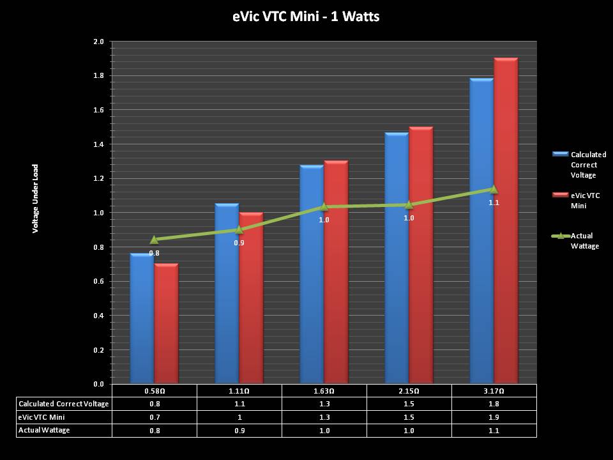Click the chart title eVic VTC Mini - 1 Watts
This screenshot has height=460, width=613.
(x=306, y=17)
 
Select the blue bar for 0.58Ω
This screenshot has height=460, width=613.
(x=142, y=319)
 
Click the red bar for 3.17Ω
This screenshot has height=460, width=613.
(x=506, y=224)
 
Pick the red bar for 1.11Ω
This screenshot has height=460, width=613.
(x=251, y=300)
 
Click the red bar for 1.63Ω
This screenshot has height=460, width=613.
(x=336, y=275)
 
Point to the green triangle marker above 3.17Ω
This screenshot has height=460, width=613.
(x=494, y=188)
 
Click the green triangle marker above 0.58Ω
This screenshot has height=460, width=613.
(x=154, y=240)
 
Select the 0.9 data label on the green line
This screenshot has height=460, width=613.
(x=239, y=243)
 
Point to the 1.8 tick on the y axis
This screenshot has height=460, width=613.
(x=98, y=76)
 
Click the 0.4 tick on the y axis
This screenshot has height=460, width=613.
(x=98, y=316)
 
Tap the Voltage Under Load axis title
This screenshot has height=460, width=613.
(x=36, y=198)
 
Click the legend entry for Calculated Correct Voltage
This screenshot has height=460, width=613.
(x=587, y=164)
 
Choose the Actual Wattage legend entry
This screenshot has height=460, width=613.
(x=584, y=241)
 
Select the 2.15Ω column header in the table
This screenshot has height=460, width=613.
(x=409, y=390)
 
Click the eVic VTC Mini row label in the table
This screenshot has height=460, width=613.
(x=42, y=417)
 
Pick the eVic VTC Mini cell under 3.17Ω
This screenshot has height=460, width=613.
(x=494, y=417)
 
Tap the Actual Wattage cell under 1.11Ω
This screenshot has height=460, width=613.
(x=239, y=431)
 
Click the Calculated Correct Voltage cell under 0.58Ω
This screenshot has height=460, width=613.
(x=154, y=404)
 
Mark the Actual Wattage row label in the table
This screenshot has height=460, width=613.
(x=44, y=431)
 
